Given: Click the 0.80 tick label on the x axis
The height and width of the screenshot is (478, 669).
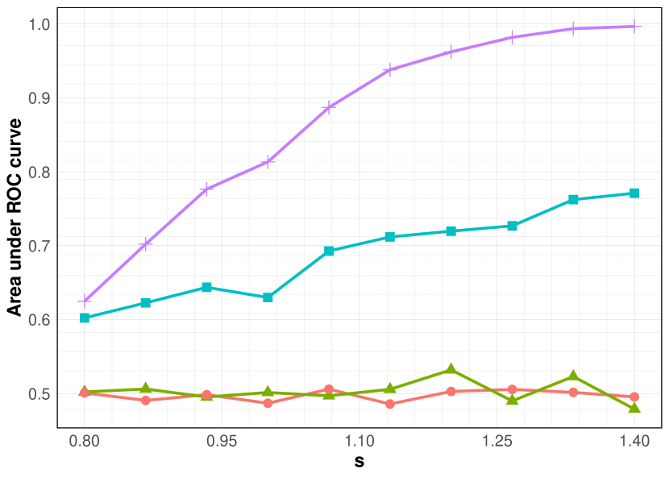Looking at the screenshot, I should coord(85,442).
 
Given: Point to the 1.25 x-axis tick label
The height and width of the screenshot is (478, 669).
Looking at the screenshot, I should coord(497,442).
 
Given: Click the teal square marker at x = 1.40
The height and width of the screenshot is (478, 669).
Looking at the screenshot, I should coord(634,193).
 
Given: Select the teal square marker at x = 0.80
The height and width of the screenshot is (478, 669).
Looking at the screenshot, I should coord(85,318).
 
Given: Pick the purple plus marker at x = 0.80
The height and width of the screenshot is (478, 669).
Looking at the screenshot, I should coord(85,301).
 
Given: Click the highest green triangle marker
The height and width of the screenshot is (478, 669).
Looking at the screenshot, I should coord(451,370).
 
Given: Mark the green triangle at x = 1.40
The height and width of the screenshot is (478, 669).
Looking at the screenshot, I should coord(634,407).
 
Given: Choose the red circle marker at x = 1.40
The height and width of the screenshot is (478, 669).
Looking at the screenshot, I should coord(634,397).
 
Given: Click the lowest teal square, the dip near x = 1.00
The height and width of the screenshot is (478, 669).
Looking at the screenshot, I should coord(268,297).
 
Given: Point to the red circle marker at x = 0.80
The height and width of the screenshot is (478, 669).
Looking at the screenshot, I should coord(85,393).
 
